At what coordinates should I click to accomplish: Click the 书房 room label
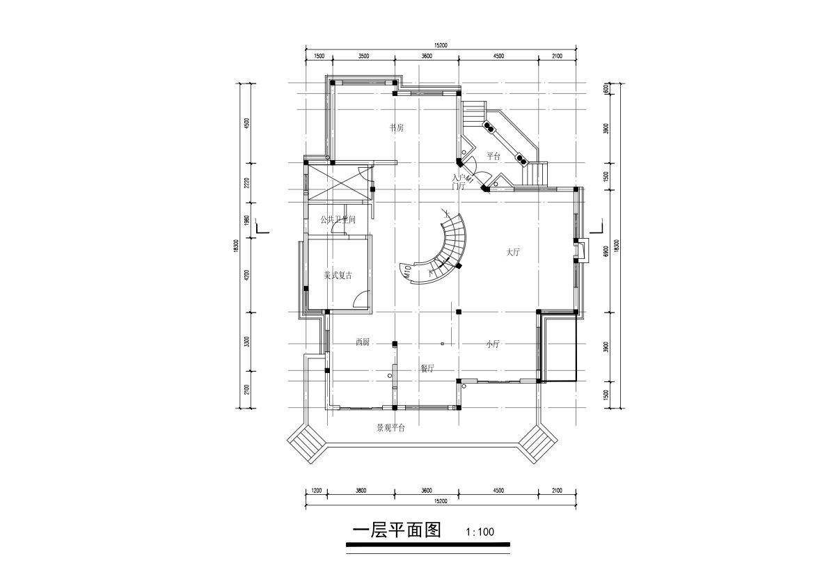(x=397, y=128)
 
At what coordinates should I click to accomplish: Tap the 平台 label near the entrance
(x=494, y=156)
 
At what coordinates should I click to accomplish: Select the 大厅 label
(x=514, y=253)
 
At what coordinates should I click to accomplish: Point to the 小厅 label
(x=494, y=344)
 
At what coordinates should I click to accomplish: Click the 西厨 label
(x=363, y=342)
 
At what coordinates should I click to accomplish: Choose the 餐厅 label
(x=427, y=368)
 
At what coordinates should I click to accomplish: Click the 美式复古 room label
(x=338, y=276)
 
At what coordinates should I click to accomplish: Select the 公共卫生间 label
(x=338, y=219)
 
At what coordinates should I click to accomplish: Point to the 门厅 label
(x=458, y=187)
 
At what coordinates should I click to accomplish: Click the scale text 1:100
(x=480, y=532)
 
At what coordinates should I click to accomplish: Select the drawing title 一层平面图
(x=397, y=530)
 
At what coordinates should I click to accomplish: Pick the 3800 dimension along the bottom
(x=361, y=491)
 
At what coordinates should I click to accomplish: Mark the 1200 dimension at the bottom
(x=315, y=491)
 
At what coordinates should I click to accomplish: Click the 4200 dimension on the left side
(x=247, y=277)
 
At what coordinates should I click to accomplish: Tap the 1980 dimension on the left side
(x=247, y=221)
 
